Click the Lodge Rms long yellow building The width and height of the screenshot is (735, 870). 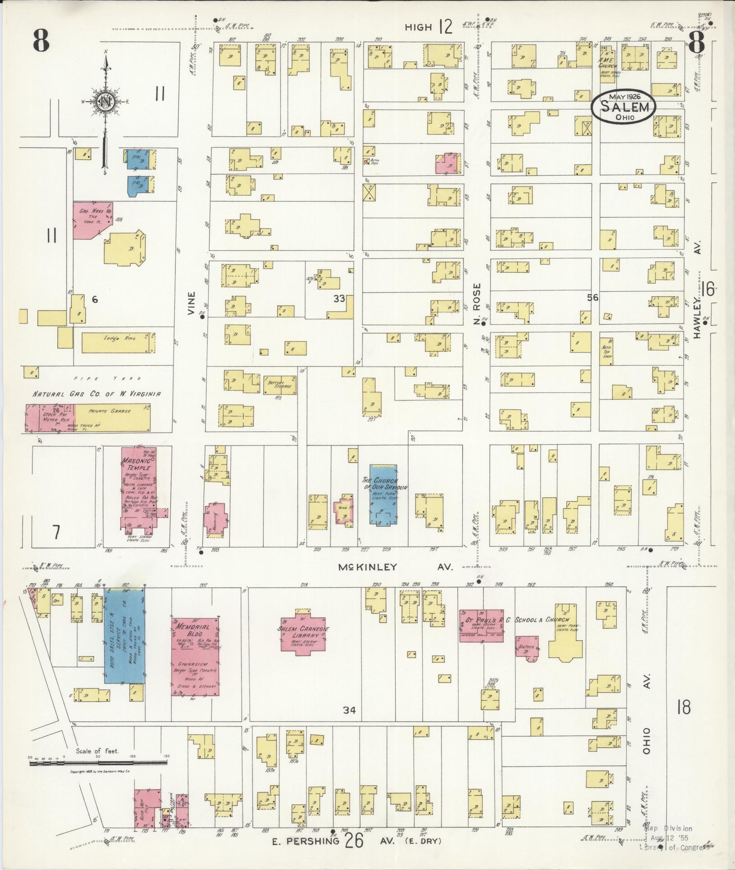pos(118,343)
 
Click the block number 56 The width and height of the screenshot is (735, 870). pos(592,297)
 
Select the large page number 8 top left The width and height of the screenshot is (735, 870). pos(41,42)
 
